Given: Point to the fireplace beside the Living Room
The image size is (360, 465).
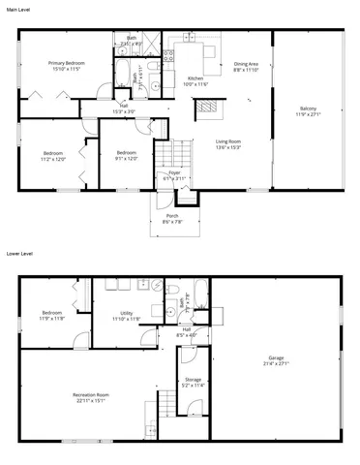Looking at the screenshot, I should [203, 109].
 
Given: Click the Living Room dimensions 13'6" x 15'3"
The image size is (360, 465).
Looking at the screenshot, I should [228, 147].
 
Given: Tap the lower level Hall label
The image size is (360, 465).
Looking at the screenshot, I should [194, 332].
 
